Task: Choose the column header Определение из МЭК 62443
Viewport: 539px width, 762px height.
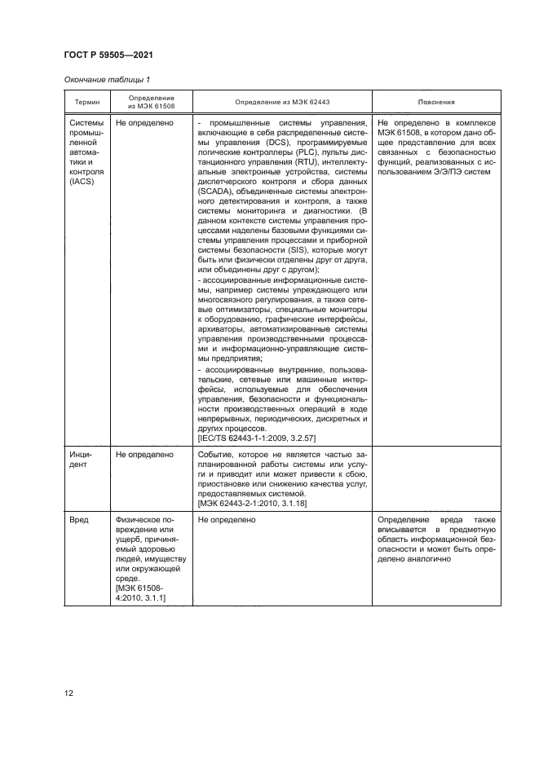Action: [282, 104]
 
